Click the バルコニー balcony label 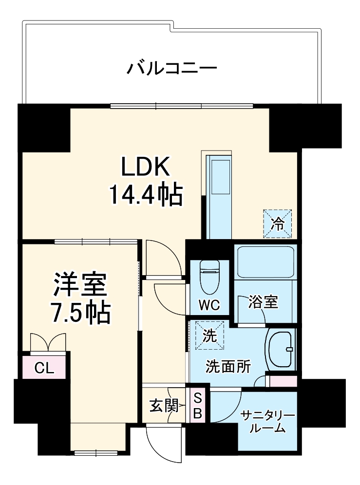[x=171, y=67]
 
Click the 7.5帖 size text [x=80, y=314]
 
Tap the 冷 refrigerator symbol [x=278, y=224]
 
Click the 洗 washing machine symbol [x=209, y=336]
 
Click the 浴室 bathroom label [x=264, y=302]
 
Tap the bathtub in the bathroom [x=265, y=261]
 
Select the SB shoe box [x=198, y=405]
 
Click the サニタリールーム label [x=268, y=422]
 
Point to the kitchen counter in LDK [x=219, y=195]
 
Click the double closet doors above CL [x=48, y=341]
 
